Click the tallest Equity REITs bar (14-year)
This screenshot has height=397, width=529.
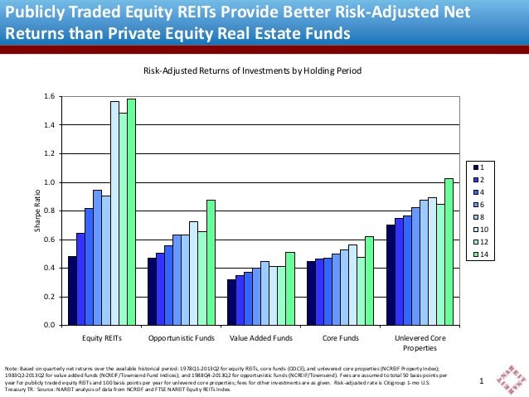[x=131, y=211]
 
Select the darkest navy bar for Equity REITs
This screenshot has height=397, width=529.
[x=72, y=290]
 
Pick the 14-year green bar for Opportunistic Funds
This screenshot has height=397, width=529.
[x=211, y=262]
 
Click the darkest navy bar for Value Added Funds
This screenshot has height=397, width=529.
[x=231, y=302]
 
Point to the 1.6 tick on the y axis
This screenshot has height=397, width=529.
[x=49, y=97]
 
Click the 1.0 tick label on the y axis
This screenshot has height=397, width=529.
[x=49, y=182]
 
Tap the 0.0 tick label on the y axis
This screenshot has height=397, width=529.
[x=49, y=325]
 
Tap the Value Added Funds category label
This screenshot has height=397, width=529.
[x=260, y=339]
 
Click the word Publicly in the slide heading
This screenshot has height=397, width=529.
[x=32, y=13]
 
